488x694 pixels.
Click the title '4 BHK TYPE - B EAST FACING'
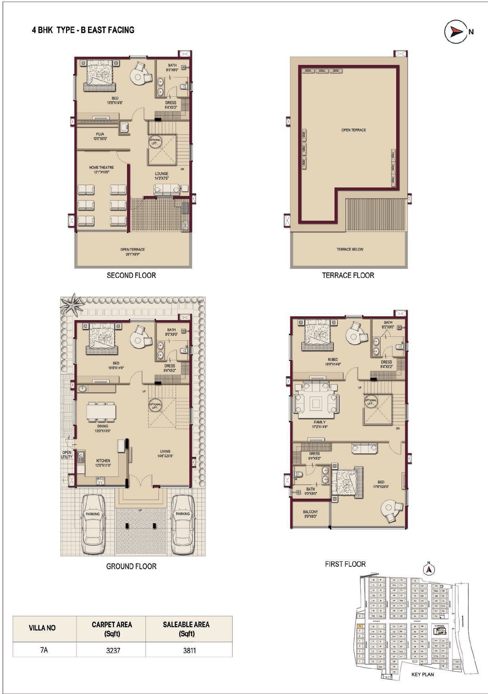[83, 30]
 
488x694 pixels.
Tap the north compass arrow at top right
[455, 32]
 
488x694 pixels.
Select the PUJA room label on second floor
[100, 136]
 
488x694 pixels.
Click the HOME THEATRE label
[101, 169]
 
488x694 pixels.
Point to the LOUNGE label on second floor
[162, 176]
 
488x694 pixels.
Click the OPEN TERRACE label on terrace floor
[354, 130]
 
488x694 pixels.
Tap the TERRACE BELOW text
[350, 249]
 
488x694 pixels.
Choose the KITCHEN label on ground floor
[103, 463]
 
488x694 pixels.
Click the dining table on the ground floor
[101, 412]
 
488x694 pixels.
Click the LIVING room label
[165, 454]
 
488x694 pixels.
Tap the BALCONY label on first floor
[310, 514]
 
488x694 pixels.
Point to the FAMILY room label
[319, 424]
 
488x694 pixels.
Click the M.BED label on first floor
[332, 361]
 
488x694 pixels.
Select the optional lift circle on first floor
[370, 402]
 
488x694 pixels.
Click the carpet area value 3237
[113, 650]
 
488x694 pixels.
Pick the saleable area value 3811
[189, 650]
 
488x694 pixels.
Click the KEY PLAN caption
[422, 674]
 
